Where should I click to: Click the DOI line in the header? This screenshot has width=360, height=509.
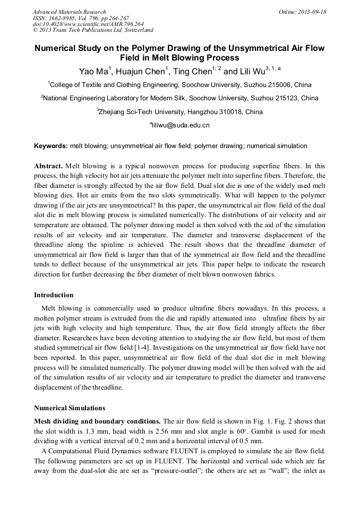point(88,24)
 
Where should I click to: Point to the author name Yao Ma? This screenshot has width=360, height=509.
point(93,71)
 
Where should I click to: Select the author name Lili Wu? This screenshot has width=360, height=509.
point(252,71)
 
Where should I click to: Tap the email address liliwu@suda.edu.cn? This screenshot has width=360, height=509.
point(181,126)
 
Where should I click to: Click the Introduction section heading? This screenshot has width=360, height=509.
point(54,295)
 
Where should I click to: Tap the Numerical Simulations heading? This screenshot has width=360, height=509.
point(70,408)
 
